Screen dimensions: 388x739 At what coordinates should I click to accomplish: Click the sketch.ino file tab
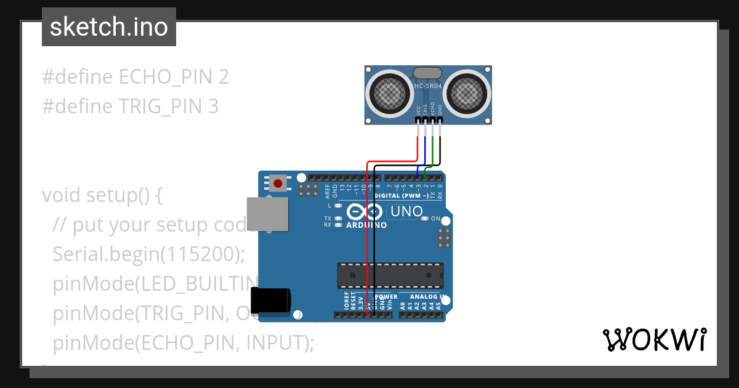109,27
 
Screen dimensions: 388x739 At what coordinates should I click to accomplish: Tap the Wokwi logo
654,339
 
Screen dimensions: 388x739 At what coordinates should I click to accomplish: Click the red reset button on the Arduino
279,183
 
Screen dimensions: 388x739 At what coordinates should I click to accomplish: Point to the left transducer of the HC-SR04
390,94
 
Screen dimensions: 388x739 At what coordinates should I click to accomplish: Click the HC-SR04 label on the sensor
428,86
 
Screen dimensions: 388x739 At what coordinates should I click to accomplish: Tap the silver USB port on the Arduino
267,214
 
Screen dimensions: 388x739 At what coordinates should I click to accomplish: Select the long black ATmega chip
390,275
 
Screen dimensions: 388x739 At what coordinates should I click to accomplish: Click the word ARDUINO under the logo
366,225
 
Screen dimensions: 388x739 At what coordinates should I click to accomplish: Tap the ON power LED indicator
424,219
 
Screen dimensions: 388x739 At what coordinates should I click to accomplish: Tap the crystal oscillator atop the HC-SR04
427,73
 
